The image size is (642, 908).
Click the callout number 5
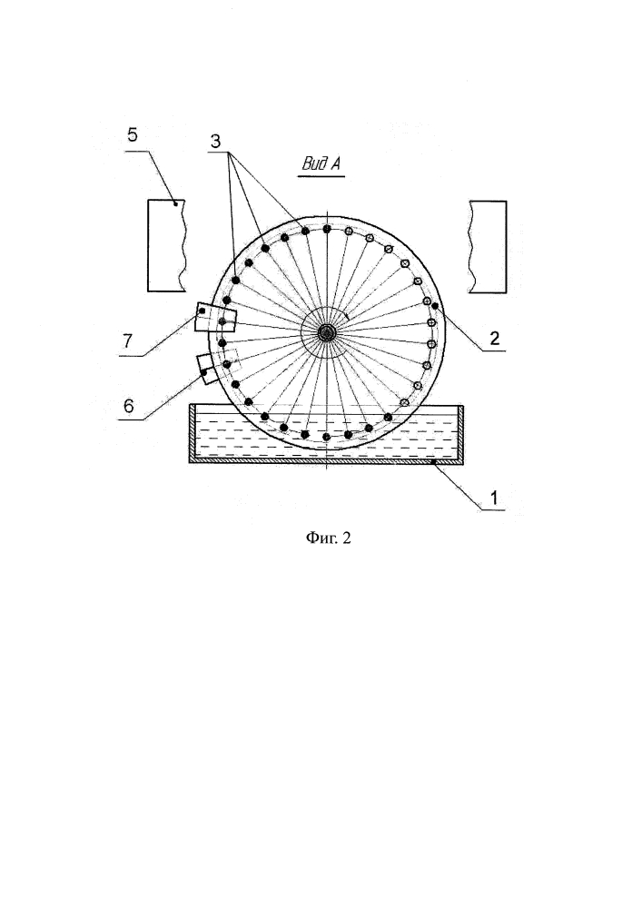(133, 135)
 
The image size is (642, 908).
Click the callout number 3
(215, 142)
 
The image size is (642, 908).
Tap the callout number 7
(127, 340)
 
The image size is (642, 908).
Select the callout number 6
(128, 406)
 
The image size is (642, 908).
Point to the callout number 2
(494, 338)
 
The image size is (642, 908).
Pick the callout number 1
(494, 498)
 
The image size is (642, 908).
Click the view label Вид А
(321, 163)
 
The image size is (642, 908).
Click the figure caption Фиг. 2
(328, 538)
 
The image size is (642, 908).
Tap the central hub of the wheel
(327, 331)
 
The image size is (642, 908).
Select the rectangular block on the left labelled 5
(167, 245)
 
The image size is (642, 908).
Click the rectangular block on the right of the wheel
(488, 247)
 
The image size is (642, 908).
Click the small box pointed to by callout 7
(215, 318)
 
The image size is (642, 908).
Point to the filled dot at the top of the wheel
(327, 230)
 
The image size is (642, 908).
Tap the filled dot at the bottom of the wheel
(327, 437)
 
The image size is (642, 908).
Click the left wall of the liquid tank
(193, 433)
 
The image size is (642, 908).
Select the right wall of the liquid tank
(460, 433)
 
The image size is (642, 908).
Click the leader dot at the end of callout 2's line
(435, 305)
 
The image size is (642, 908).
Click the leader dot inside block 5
(175, 202)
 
